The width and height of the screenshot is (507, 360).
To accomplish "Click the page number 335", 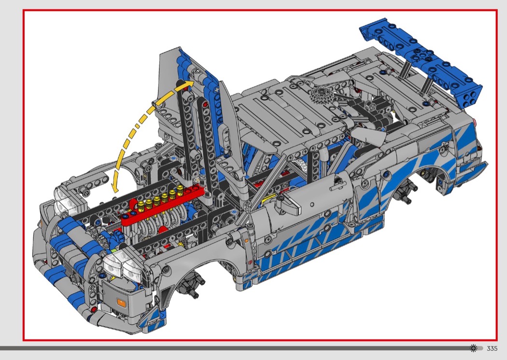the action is coord(492,348).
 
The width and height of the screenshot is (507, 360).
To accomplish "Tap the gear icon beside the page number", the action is coord(473,348).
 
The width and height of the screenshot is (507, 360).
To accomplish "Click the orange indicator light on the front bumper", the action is coord(121,303).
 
